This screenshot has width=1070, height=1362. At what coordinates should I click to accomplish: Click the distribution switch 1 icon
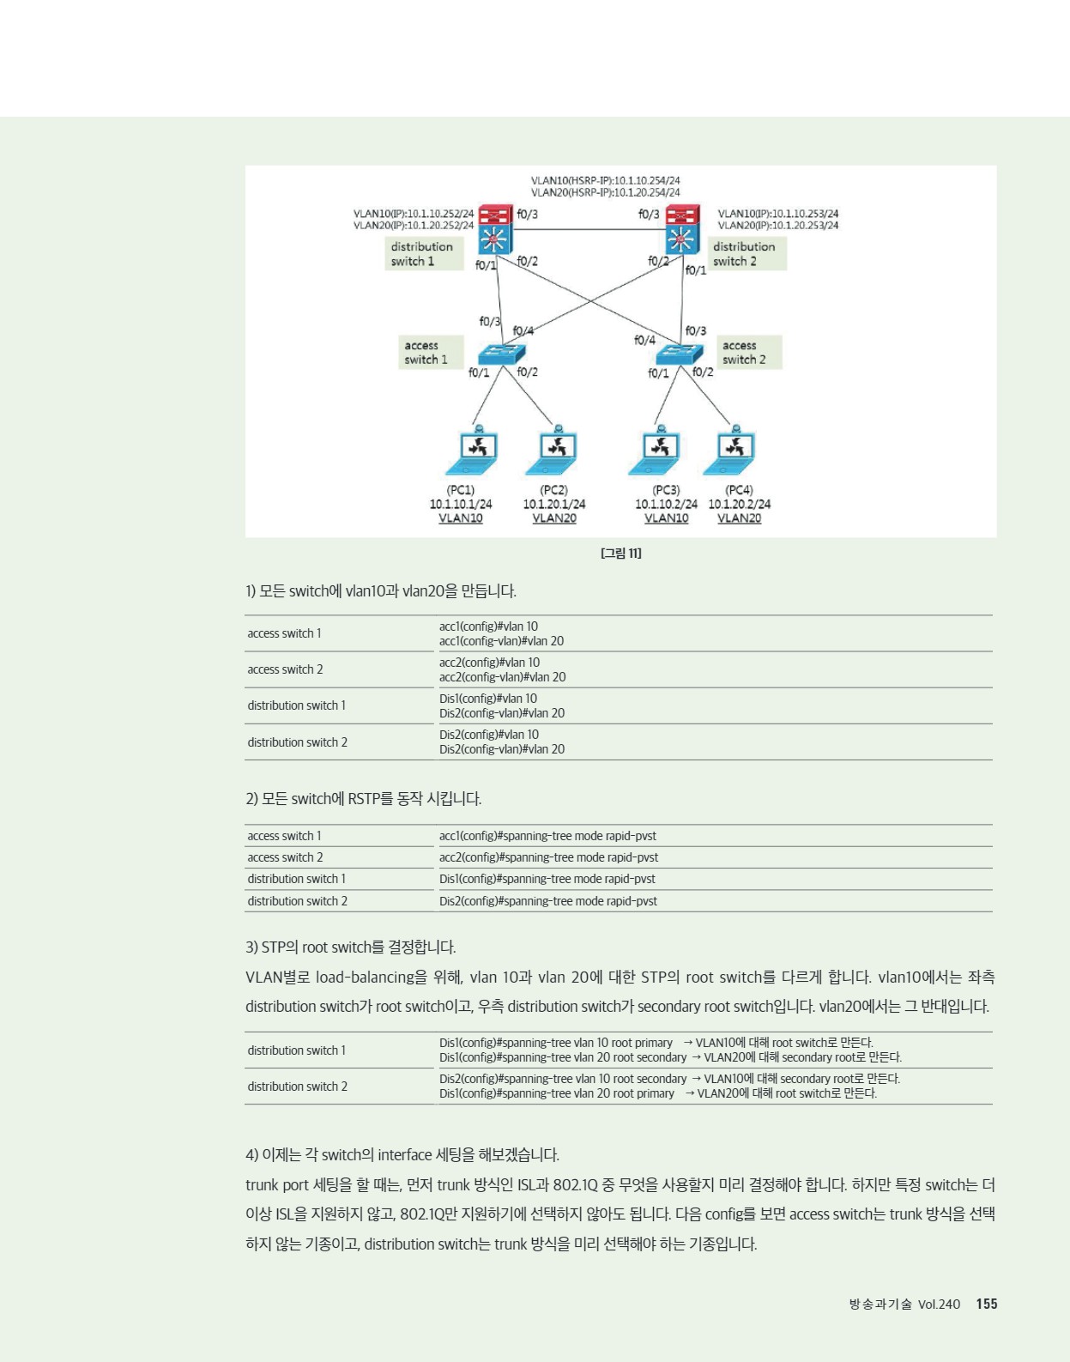click(x=496, y=229)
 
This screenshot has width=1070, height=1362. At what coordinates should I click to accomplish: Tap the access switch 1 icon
click(x=501, y=354)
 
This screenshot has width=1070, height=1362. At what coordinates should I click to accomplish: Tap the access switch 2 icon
click(x=679, y=354)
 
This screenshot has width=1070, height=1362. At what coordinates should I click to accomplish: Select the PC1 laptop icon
click(x=472, y=450)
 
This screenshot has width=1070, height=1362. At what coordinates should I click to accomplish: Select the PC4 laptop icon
click(x=730, y=450)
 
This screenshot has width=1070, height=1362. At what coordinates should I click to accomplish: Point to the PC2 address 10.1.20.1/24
click(x=554, y=504)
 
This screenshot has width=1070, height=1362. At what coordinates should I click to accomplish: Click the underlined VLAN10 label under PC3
click(x=666, y=518)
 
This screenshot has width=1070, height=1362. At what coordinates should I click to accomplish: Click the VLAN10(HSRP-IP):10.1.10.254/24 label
click(x=605, y=180)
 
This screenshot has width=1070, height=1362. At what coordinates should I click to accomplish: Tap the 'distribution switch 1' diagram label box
click(x=424, y=254)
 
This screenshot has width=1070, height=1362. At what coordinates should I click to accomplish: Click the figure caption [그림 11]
click(x=621, y=554)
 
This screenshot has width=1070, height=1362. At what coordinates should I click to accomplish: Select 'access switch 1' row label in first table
click(x=284, y=633)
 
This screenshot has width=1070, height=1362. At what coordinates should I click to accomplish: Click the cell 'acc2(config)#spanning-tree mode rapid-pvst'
click(x=549, y=857)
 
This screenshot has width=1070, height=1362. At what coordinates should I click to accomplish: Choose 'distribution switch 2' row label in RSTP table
click(x=298, y=901)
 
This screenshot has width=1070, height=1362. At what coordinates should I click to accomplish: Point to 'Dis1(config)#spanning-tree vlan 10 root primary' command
click(x=556, y=1043)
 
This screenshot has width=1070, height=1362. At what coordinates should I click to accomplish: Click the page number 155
click(x=987, y=1304)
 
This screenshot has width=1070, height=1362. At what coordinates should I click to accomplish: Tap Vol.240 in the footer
click(x=939, y=1304)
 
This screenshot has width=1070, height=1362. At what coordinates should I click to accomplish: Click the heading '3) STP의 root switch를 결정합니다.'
click(x=351, y=947)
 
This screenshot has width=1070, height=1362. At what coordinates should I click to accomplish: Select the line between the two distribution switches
click(x=589, y=230)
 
